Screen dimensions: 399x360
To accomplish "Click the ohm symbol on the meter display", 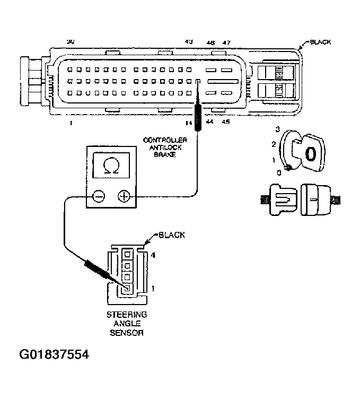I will [111, 167].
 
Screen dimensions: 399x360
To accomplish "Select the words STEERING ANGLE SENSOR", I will [127, 324].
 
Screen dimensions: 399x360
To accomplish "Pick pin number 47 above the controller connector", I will [226, 42].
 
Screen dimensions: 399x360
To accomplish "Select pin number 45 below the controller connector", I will [225, 122].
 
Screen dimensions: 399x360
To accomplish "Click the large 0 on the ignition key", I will [311, 153].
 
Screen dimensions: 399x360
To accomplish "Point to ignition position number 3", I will [277, 129].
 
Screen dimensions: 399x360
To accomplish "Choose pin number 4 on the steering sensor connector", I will [153, 256].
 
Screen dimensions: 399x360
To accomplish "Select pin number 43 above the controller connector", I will [188, 42].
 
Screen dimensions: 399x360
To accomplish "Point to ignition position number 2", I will [273, 144].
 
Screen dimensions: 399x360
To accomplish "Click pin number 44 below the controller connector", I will [209, 122].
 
